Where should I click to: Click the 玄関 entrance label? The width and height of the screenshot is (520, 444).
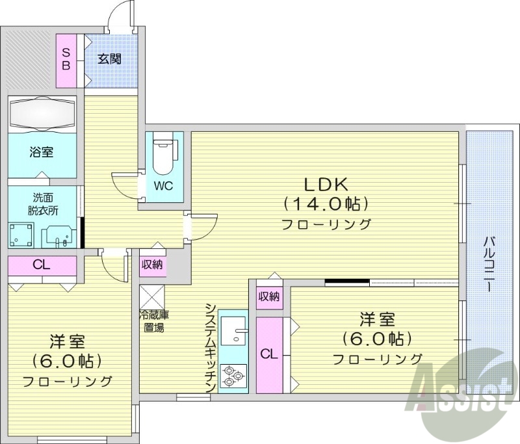coord(109,59)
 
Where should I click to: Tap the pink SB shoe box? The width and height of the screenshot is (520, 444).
coord(66,60)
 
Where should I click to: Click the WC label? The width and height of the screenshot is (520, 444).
coord(162,185)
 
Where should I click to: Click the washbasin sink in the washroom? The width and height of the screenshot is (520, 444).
coord(61,235)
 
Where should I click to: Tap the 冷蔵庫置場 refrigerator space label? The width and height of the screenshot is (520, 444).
coord(153,321)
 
